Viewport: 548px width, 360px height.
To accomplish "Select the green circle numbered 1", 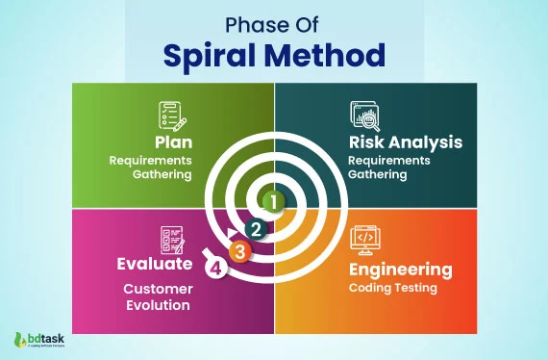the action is click(274, 202).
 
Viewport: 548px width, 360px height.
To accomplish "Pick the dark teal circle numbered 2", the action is click(255, 229).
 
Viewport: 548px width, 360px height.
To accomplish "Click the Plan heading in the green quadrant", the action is click(170, 141).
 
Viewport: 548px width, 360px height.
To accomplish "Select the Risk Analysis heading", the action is click(405, 141).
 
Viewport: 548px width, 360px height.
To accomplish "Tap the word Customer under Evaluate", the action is click(158, 289).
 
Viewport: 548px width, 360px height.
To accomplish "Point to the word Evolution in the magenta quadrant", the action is click(158, 306).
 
